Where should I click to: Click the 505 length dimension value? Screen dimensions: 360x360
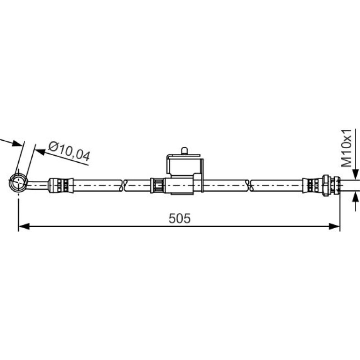180,218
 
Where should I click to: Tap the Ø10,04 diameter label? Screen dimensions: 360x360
69,152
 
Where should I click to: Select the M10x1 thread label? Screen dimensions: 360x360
346,148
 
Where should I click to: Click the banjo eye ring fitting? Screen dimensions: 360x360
18,182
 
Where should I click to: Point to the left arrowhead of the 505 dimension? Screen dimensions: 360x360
24,226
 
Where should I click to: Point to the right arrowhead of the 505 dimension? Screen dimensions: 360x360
334,226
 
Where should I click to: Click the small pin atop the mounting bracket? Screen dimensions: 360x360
184,151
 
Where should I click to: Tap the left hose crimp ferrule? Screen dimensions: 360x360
61,185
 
